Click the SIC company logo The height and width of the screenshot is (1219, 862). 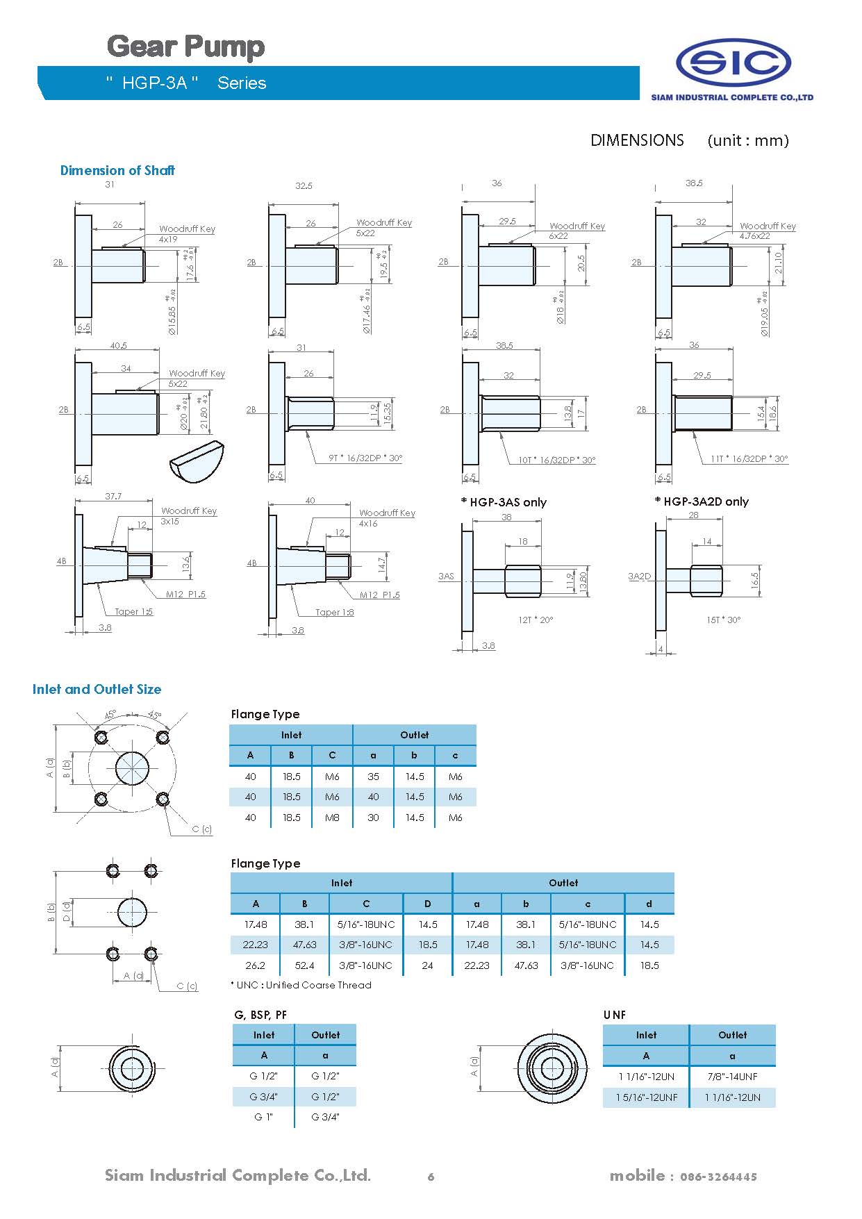pos(733,63)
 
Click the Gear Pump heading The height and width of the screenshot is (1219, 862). pos(185,47)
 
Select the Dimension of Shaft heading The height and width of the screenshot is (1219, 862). pos(117,170)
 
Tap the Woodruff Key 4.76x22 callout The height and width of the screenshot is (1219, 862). pos(767,231)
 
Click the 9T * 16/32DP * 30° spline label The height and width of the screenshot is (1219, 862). pos(365,458)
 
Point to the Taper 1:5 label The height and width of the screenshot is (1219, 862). pos(133,612)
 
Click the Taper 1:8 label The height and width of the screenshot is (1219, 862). pos(334,613)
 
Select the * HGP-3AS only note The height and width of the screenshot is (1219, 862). pos(504,502)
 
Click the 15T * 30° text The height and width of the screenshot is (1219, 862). pos(724,620)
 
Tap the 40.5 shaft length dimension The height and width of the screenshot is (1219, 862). pos(118,345)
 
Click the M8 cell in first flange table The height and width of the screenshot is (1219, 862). pos(332,818)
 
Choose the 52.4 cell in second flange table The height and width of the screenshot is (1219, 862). pos(304,965)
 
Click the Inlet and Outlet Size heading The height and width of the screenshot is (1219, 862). pos(97,689)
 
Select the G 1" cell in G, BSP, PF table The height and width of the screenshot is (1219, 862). pos(263,1117)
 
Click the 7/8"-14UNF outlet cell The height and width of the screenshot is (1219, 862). pos(732,1077)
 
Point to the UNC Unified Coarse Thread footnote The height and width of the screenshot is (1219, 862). pos(301,985)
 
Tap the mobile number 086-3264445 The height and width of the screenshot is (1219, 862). pos(718,1177)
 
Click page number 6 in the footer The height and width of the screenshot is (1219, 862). pos(431,1177)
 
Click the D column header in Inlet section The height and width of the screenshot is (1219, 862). pos(427,904)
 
